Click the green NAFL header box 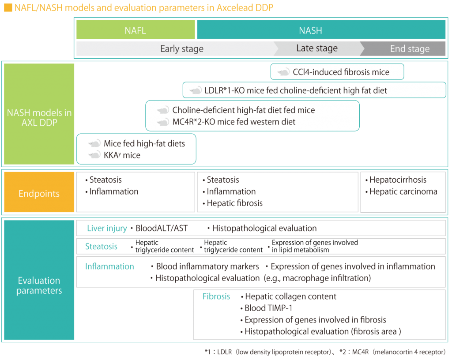[135, 30]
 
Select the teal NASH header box [321, 30]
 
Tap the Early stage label [181, 49]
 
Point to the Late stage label [316, 49]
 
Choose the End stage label [409, 49]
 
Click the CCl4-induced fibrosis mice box [337, 72]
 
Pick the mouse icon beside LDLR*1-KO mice [196, 91]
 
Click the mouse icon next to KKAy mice [94, 155]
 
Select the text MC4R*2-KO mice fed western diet [234, 122]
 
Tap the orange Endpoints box [39, 194]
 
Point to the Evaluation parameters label [39, 285]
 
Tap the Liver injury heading [107, 229]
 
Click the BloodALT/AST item [161, 229]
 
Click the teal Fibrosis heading [216, 296]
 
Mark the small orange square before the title [8, 8]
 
